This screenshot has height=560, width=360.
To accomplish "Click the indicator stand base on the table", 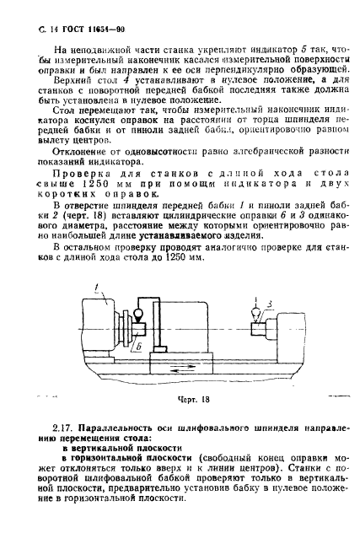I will pyautogui.click(x=156, y=347).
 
